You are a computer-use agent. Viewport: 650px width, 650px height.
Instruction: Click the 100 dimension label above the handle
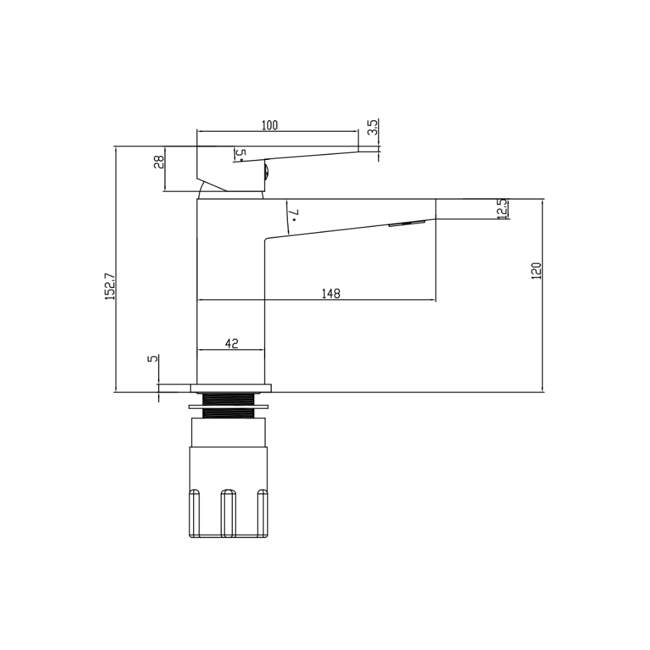click(270, 125)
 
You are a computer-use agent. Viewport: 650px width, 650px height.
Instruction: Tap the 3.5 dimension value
click(373, 127)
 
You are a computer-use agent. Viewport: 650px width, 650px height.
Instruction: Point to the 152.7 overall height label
click(110, 286)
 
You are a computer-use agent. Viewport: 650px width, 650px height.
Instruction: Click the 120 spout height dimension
click(536, 270)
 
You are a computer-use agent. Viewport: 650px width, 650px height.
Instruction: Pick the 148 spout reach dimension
click(331, 294)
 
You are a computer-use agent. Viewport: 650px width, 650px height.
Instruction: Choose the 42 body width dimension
click(232, 343)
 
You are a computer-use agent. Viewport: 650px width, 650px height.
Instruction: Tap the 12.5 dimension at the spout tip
click(502, 209)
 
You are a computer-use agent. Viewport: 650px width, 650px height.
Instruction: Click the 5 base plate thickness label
click(153, 358)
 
